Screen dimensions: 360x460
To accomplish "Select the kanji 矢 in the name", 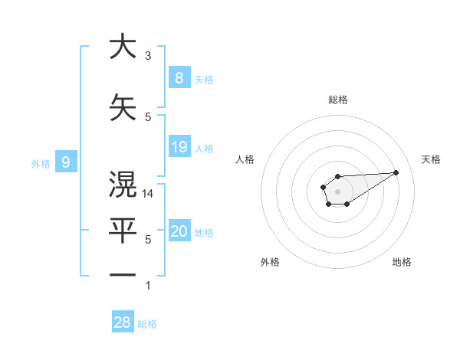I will pos(123,107).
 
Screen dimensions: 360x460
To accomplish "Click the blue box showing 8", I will pos(179,77).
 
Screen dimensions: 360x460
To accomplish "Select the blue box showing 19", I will pos(179,146).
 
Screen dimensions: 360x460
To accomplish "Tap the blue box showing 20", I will pos(179,231).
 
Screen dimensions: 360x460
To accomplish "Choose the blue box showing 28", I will pos(123,322).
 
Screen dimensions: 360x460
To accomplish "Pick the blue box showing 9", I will pos(66,162).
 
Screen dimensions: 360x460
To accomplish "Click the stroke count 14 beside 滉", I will pos(149,195).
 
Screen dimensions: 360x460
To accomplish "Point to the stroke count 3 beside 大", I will pos(148,56).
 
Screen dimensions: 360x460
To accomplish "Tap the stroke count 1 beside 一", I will pos(148,286).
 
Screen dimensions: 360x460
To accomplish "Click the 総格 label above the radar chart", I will pos(338,100).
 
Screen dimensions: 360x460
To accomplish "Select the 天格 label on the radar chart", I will pos(431,159).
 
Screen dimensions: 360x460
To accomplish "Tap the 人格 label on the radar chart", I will pos(245,159).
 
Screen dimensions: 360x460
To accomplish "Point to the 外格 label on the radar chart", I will pos(270,262).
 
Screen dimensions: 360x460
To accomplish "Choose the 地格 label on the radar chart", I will pos(402,262).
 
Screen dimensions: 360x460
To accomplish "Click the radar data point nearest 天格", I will pos(396,172).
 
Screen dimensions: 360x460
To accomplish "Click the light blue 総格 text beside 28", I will pos(147,324).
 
